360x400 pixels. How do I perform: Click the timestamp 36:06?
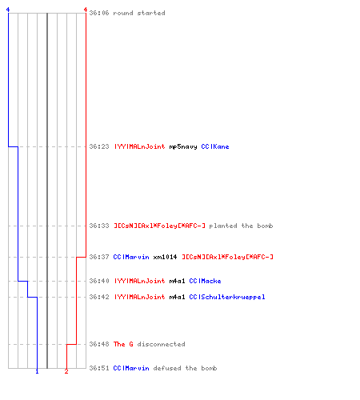[x=99, y=13]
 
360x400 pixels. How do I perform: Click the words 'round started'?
[x=139, y=13]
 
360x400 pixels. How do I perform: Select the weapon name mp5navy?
[x=183, y=146]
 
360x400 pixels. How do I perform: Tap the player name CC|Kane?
[x=215, y=146]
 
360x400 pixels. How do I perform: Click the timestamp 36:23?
[x=99, y=146]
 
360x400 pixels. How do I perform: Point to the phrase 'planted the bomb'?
[x=241, y=226]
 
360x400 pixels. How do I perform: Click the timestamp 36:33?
[x=99, y=226]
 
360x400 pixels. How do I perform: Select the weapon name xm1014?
[x=165, y=257]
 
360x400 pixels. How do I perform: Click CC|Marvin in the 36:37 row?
[x=131, y=257]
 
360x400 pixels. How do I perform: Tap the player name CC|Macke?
[x=205, y=281]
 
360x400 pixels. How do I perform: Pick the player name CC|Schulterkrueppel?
[x=227, y=297]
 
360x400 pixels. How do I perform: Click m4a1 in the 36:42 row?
[x=177, y=297]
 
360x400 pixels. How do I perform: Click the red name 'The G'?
[x=123, y=344]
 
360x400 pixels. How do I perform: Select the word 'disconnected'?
[x=161, y=344]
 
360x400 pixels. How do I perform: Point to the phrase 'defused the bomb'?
[x=185, y=368]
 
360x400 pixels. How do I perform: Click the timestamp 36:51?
[x=99, y=368]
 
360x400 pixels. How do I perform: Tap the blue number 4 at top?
[x=8, y=10]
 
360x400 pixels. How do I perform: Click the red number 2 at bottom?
[x=66, y=371]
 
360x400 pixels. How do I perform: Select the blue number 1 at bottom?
[x=37, y=371]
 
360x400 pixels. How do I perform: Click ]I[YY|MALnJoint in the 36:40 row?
[x=139, y=281]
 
